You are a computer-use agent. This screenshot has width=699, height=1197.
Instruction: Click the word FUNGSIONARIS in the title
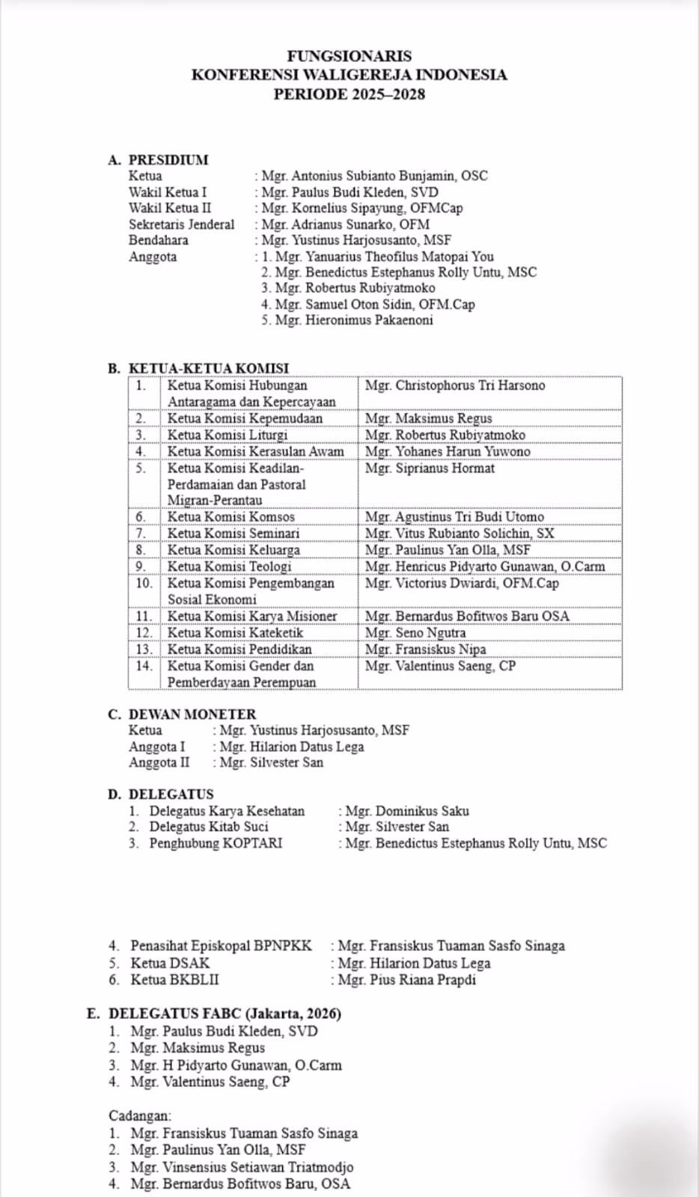(349, 55)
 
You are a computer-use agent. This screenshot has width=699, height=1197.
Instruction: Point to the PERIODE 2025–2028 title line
(349, 94)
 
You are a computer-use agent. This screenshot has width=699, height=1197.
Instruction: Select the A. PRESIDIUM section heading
(158, 159)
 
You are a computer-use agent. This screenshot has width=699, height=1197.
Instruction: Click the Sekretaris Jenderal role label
(181, 224)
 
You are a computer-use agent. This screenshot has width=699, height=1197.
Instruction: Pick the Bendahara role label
(158, 240)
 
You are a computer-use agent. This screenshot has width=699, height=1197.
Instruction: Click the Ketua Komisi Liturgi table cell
(228, 435)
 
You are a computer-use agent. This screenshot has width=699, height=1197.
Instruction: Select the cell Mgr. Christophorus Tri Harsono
(455, 385)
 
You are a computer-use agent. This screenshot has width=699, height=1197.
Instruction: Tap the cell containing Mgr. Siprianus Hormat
(430, 468)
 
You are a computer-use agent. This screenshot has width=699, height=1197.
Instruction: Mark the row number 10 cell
(144, 583)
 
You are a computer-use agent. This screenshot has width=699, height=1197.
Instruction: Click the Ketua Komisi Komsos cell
(231, 516)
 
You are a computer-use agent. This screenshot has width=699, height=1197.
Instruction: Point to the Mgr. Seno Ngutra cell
(415, 633)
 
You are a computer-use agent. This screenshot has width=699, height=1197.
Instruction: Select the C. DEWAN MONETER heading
(182, 714)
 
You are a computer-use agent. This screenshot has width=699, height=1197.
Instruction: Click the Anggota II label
(159, 762)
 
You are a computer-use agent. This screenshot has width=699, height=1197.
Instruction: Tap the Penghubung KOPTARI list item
(216, 843)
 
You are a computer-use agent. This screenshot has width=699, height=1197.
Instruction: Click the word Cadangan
(139, 1115)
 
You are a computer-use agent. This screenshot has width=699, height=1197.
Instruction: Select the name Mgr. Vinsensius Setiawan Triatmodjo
(242, 1167)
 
